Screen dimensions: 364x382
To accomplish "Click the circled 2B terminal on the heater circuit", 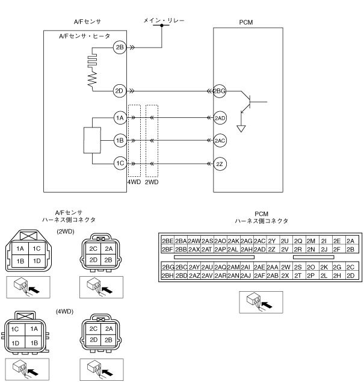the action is point(120,48).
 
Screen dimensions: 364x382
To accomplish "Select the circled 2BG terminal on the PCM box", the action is point(219,91).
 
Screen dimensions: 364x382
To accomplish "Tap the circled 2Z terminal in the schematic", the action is point(220,164).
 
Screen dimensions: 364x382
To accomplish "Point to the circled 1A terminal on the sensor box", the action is point(120,118).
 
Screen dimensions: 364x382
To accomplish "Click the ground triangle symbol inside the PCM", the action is point(241,128).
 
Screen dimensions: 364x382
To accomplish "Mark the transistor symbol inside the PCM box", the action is point(250,102).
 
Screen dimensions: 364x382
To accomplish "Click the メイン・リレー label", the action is point(164,20).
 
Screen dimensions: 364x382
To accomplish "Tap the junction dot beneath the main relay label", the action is point(161,25).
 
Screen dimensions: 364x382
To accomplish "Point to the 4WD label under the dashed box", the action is point(134,182).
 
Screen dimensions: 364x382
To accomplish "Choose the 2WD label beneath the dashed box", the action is point(152,182).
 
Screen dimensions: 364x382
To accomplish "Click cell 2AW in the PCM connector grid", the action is point(194,241).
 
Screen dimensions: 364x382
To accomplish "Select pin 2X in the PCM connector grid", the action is point(285,276).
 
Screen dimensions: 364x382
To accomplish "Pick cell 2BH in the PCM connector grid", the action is point(168,276).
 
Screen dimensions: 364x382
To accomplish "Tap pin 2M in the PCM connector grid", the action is point(311,241).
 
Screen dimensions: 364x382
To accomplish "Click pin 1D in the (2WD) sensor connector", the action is point(37,261).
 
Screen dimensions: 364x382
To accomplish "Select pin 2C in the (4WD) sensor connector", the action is point(93,328).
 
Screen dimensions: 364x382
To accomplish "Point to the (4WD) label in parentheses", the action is point(64,312).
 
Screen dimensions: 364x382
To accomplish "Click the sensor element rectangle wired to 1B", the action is point(92,140).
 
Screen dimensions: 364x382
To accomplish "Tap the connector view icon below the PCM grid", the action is point(261,302).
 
